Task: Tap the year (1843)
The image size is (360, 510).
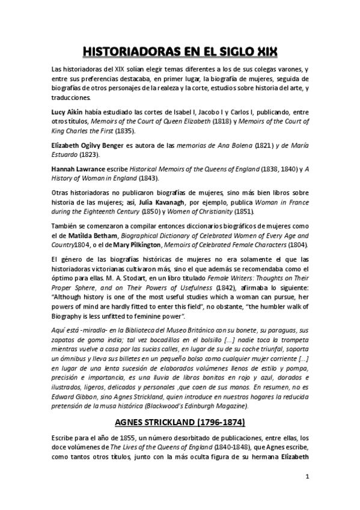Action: pos(150,179)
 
